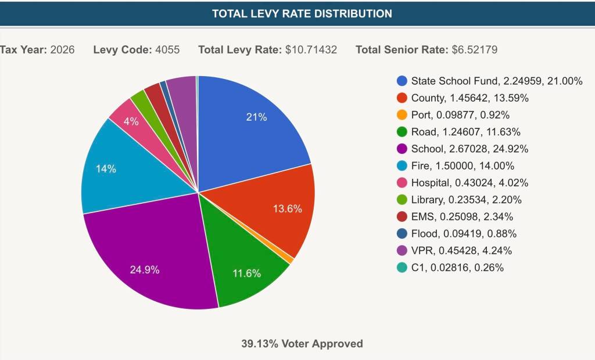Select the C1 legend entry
(457, 268)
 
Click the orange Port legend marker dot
(402, 115)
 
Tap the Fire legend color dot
(402, 166)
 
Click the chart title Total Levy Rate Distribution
(302, 13)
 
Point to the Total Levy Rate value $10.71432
(311, 50)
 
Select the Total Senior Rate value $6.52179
(475, 50)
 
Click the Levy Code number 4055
(167, 50)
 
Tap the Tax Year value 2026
(63, 50)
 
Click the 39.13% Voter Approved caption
(302, 344)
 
